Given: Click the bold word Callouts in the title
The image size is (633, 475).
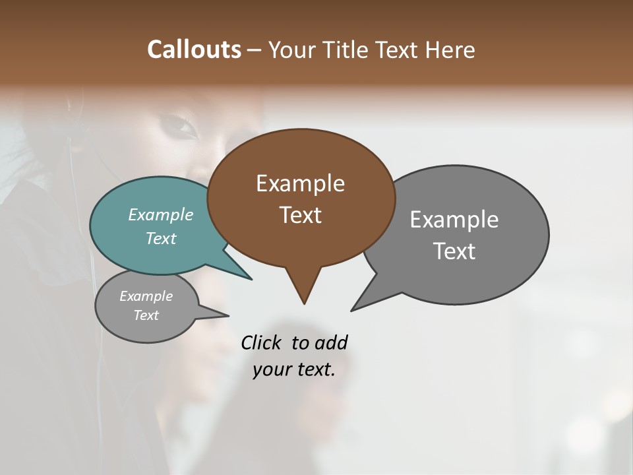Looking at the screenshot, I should click(x=194, y=49).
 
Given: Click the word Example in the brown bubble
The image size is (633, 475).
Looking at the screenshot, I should click(x=300, y=183).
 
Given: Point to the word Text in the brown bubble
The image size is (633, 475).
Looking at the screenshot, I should click(x=300, y=215).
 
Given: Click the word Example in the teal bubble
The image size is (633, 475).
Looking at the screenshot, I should click(x=161, y=215).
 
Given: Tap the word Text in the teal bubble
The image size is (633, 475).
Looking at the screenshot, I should click(x=161, y=238).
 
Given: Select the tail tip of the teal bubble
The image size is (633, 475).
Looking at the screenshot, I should click(x=251, y=278).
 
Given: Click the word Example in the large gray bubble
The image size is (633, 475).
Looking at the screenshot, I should click(x=454, y=220).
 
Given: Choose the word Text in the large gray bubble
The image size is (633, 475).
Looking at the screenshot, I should click(x=454, y=251).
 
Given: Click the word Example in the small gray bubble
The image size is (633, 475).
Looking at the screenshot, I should click(x=146, y=296).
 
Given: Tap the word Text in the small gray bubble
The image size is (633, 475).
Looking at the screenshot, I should click(x=146, y=315).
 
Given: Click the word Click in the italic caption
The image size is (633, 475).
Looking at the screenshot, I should click(x=262, y=343).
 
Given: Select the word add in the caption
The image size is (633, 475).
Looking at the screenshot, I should click(x=331, y=343).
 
